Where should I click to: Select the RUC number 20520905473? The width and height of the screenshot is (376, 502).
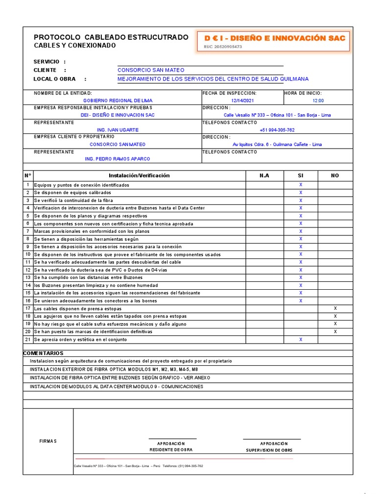(223, 47)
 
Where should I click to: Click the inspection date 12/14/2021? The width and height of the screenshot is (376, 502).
(242, 100)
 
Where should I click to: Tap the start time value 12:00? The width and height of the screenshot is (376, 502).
(318, 100)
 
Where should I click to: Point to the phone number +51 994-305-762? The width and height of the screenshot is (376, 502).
(277, 130)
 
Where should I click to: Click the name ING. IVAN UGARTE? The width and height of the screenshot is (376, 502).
(117, 130)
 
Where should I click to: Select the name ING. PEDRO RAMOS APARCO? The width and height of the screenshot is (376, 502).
(117, 159)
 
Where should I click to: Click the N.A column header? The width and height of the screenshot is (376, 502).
(264, 176)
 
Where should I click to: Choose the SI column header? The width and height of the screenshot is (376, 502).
(301, 176)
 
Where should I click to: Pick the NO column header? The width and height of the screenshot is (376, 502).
(335, 176)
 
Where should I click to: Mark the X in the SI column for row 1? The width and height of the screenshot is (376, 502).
(301, 185)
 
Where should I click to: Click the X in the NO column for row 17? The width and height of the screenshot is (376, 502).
(335, 308)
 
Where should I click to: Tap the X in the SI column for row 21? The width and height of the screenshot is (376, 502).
(301, 339)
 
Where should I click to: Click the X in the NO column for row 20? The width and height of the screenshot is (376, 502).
(335, 331)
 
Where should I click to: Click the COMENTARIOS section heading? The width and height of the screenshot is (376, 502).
(43, 353)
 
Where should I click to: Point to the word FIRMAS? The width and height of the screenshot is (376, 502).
(48, 441)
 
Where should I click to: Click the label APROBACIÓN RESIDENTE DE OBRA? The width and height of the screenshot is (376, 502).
(171, 446)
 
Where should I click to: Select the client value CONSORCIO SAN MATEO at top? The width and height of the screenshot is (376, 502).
(151, 70)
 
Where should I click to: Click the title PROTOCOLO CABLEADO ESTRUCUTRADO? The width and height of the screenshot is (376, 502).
(111, 37)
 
